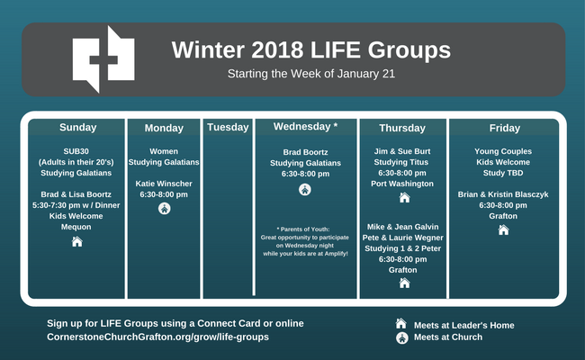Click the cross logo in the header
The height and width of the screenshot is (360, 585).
coord(103,58)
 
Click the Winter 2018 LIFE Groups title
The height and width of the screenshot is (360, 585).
coord(311,50)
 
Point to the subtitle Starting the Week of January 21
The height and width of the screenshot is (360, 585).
coord(311,74)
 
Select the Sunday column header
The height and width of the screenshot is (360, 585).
coord(78,127)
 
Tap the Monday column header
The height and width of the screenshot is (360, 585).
coord(164,128)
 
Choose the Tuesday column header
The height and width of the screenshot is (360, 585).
coord(228,127)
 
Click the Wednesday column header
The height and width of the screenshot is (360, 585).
coord(305,127)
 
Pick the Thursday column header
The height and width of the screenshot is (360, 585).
coord(402,128)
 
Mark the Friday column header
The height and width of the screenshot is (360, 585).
coord(504,128)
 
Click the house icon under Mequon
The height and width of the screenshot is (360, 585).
coord(76,242)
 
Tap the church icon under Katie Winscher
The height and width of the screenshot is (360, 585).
coord(164,208)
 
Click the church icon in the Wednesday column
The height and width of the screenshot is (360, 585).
coord(305,190)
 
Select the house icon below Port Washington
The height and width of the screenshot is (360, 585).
coord(404,197)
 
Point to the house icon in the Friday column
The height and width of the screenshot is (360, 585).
coord(503,229)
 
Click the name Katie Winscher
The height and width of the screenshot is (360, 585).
coord(164,184)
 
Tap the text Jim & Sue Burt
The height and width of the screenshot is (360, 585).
coord(402,151)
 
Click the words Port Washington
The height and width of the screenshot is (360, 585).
coord(402,184)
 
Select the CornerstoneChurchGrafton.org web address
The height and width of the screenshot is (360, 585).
coord(157,337)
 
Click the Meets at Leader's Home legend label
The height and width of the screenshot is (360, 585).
coord(464,325)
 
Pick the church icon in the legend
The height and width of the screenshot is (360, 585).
coord(401,338)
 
